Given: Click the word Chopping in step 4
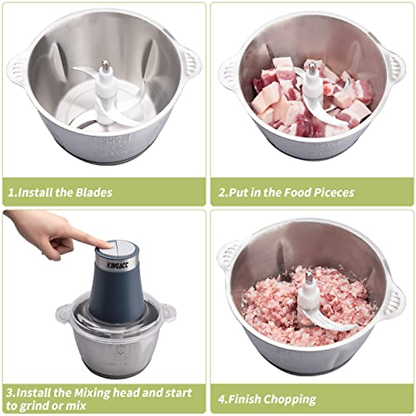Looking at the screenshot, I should coord(290,399).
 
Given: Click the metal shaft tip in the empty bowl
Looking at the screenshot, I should coord(106,65).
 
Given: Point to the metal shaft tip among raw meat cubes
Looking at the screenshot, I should coord(313,68).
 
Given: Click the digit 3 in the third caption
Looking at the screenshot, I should coord(10,393).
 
